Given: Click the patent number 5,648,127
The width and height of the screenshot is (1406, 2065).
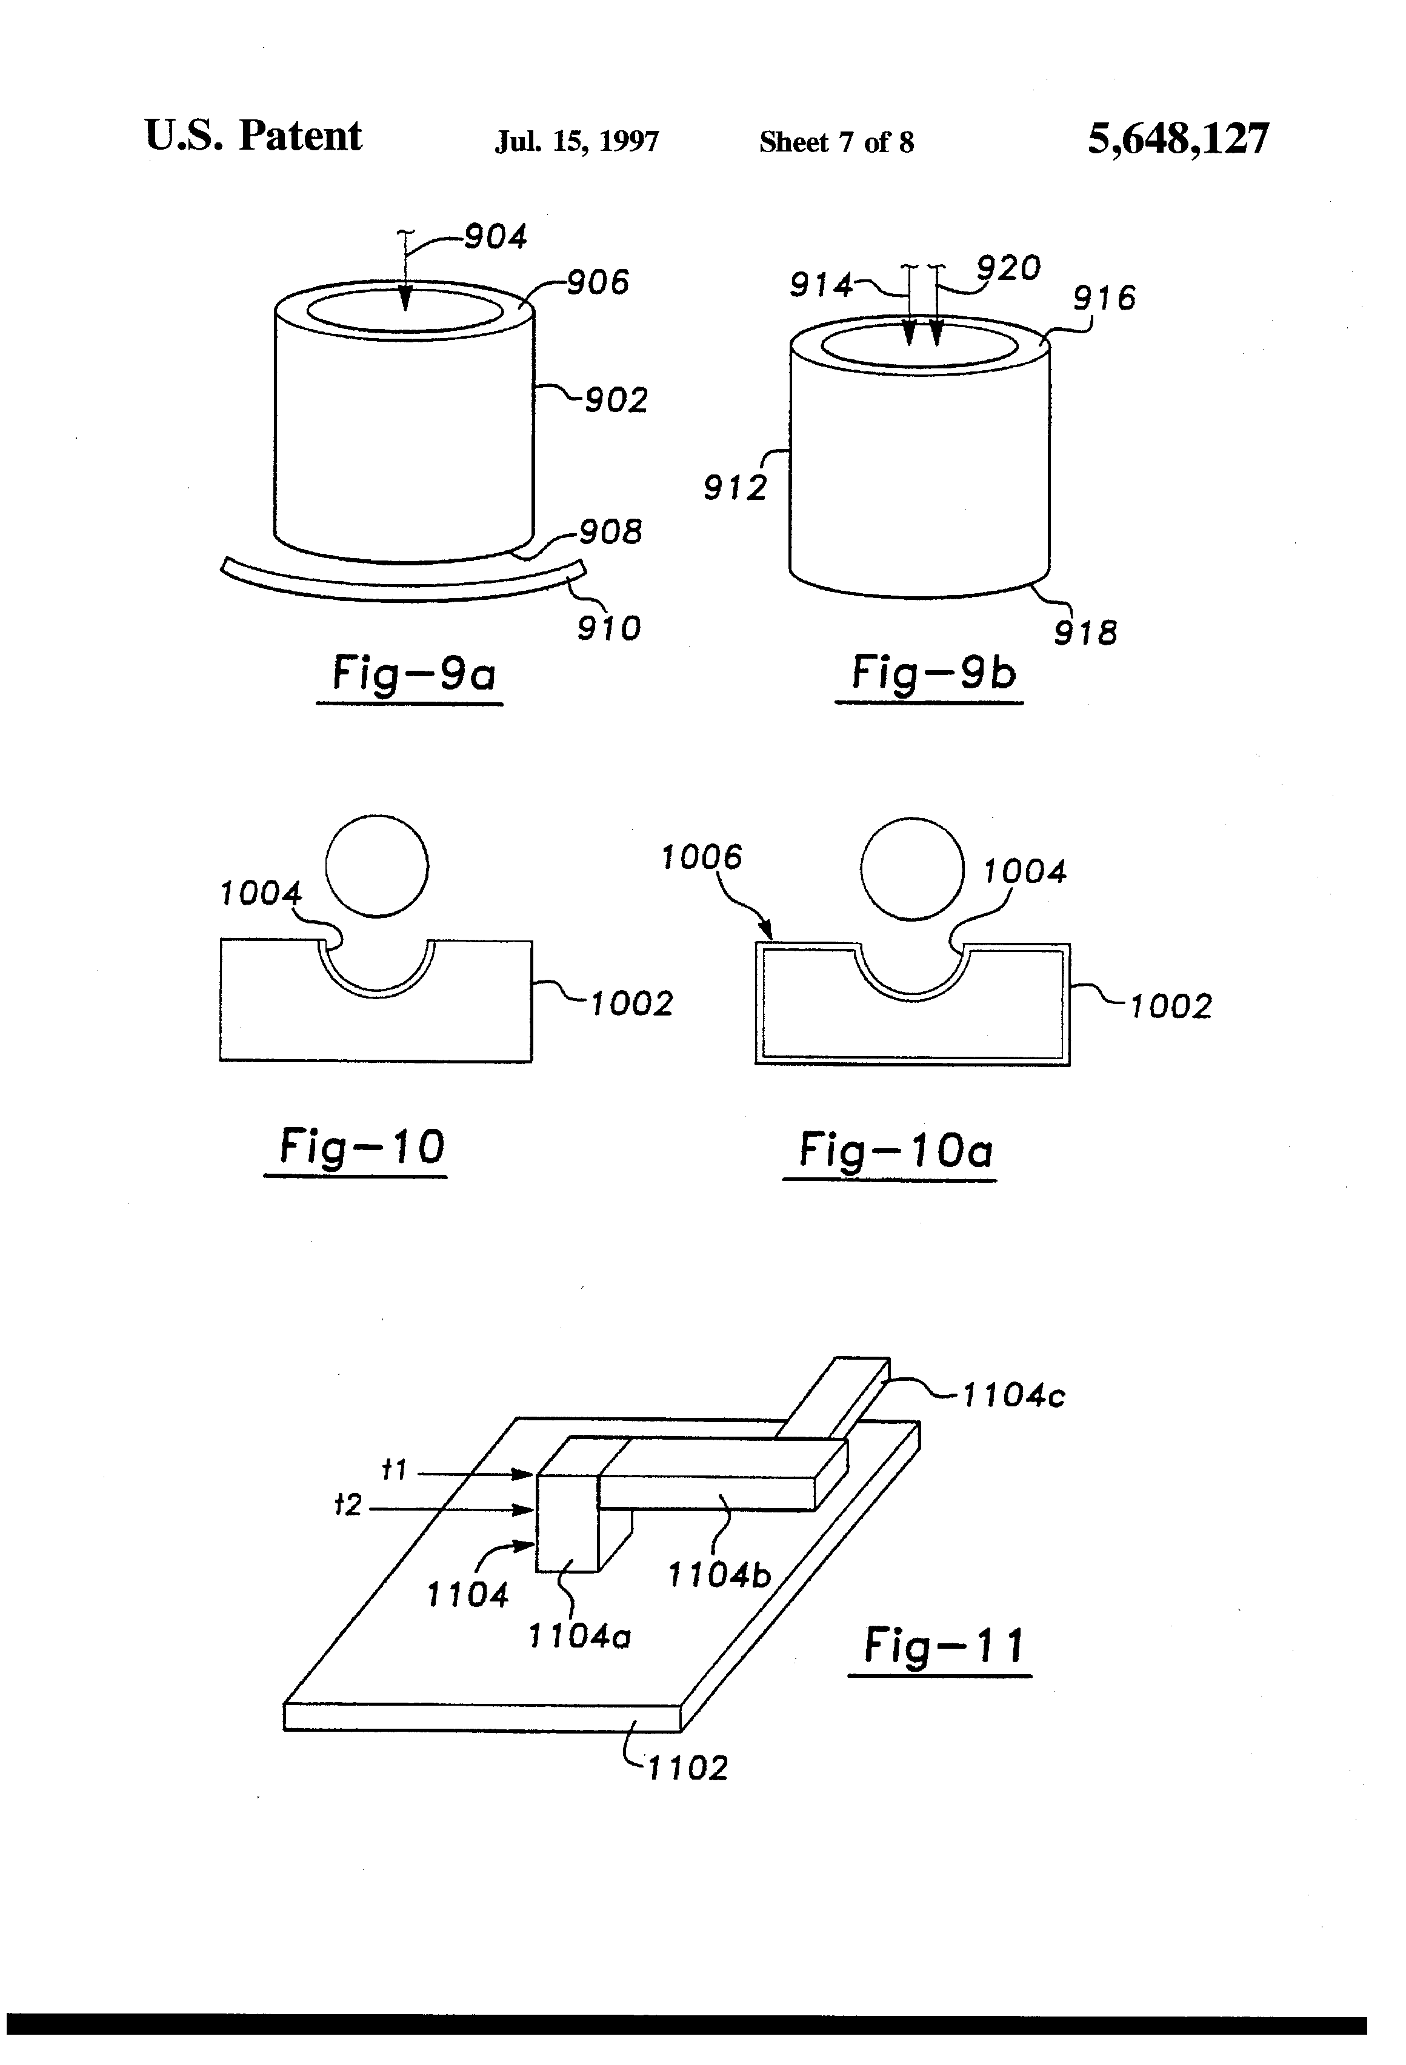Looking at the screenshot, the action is (1179, 139).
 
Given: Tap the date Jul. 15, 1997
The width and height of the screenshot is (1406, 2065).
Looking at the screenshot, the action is (577, 142).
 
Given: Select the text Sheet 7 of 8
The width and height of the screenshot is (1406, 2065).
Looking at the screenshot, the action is (836, 142).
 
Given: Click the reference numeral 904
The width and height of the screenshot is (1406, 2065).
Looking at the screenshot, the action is (496, 236).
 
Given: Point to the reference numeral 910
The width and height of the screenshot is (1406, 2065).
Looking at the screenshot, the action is (609, 629).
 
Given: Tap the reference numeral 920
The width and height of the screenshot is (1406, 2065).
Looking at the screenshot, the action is (1008, 267).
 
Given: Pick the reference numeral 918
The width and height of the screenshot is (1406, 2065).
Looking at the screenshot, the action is (1085, 633).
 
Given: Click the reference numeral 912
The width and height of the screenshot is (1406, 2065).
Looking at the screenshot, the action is (735, 488).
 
